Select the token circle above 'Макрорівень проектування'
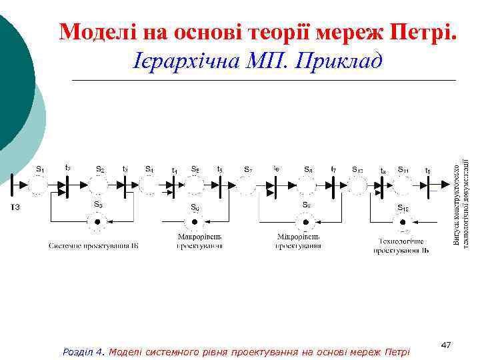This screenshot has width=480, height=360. tap(195, 222)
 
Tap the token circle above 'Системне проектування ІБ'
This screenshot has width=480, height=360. tap(99, 222)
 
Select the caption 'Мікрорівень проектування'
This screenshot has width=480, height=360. tap(299, 241)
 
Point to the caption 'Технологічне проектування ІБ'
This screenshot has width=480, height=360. tap(401, 247)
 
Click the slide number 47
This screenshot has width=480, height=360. tap(446, 344)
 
